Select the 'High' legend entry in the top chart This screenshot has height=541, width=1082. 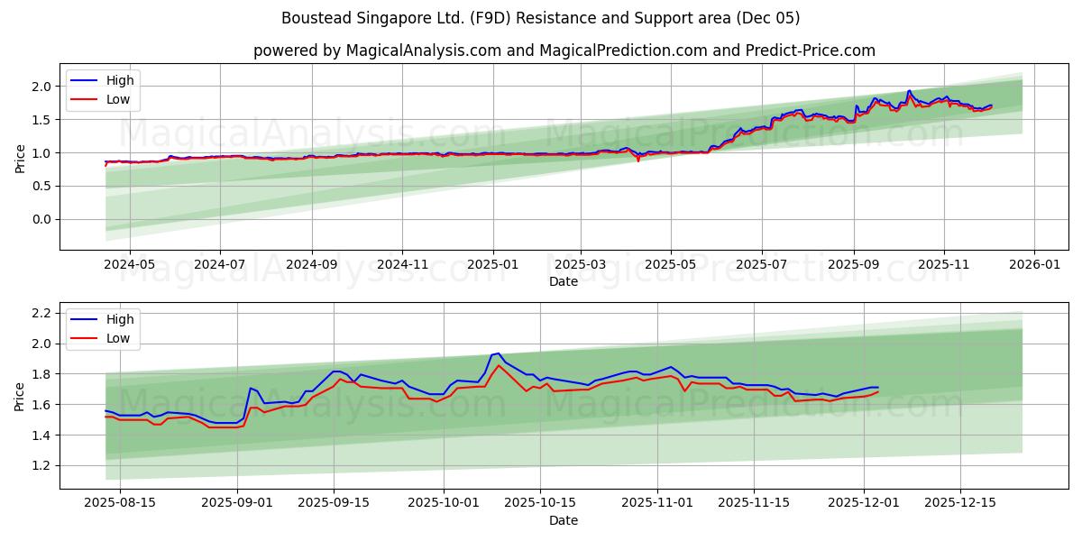click(x=120, y=80)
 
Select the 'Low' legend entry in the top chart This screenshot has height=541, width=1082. click(x=118, y=99)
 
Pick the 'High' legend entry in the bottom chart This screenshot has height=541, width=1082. click(x=120, y=319)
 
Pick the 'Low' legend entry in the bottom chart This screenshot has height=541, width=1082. click(x=118, y=338)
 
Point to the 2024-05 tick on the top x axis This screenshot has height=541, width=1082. click(x=130, y=266)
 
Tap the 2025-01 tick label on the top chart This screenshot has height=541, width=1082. click(x=492, y=266)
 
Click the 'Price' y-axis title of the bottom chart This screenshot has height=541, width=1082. click(x=20, y=396)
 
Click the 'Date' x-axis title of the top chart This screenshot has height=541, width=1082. click(x=564, y=281)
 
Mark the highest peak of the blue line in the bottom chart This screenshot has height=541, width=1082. click(x=498, y=353)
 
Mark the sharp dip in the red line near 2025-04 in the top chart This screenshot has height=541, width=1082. click(x=638, y=160)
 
